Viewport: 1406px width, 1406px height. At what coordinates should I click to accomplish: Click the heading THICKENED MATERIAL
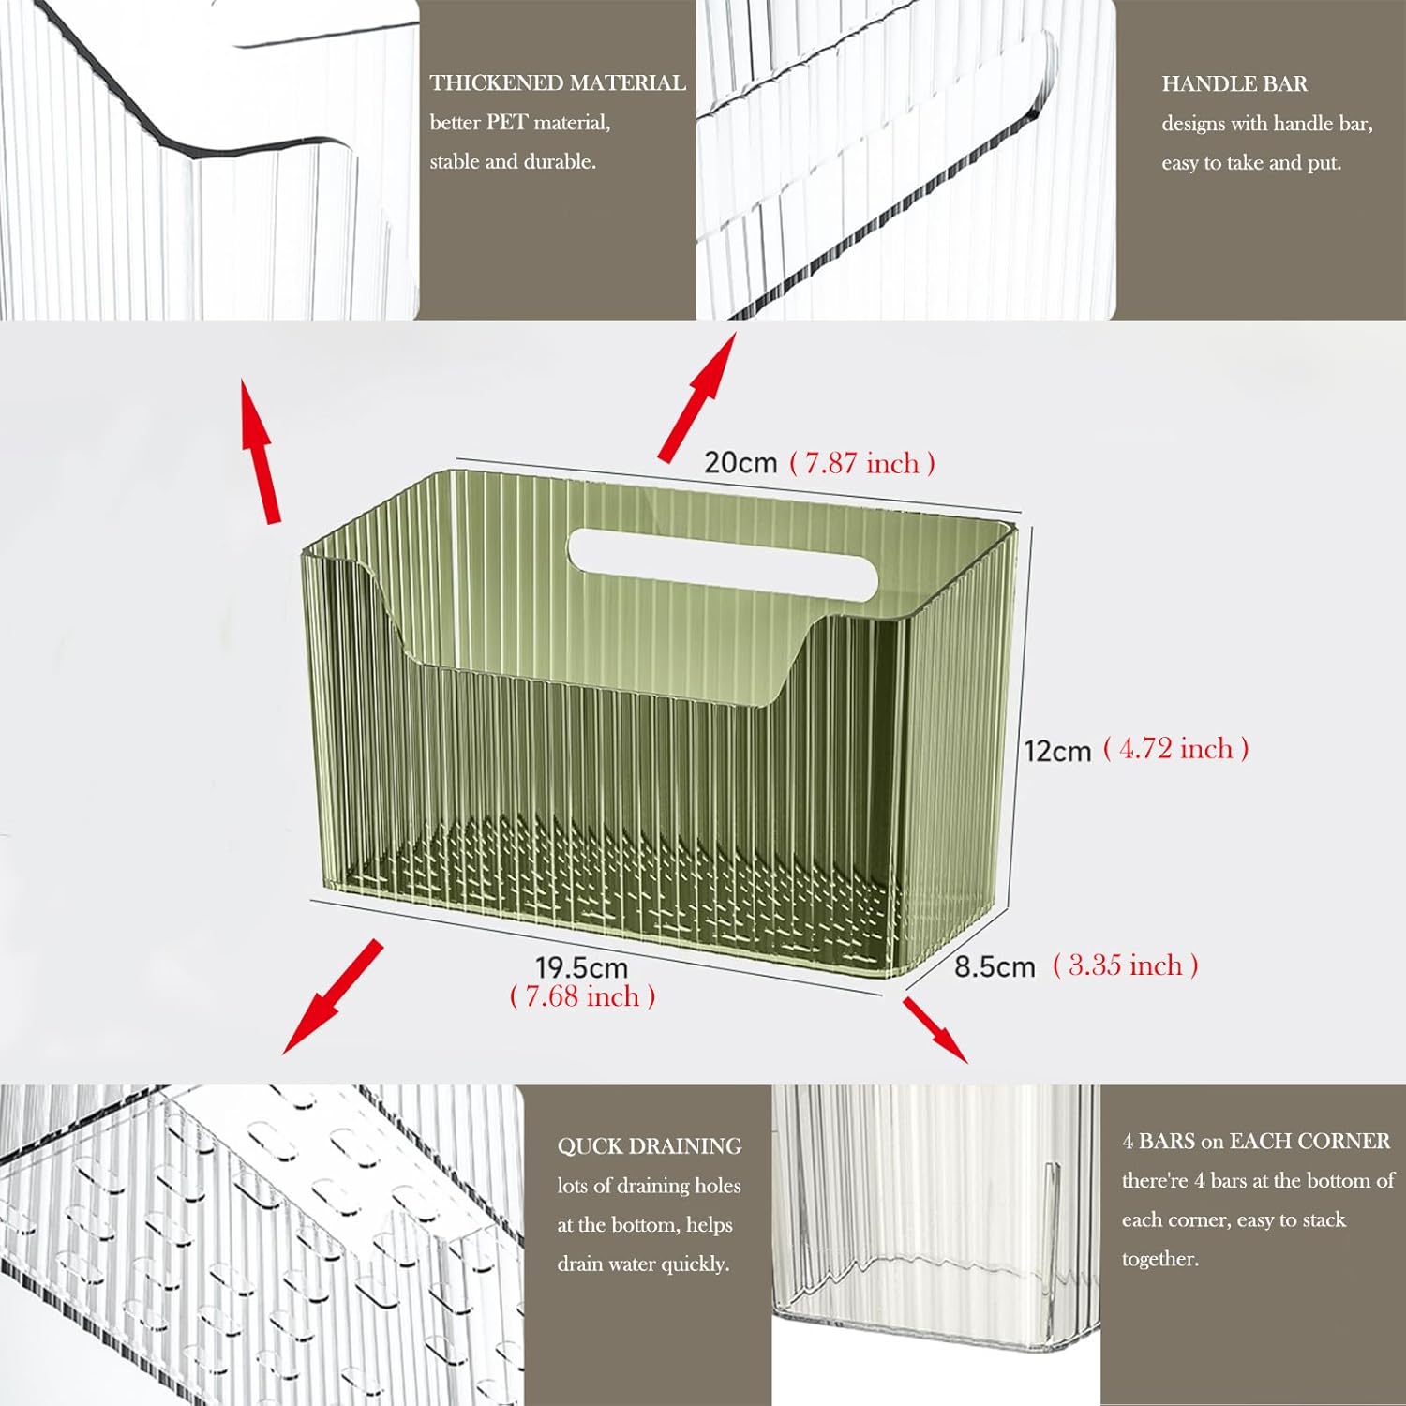[x=558, y=83]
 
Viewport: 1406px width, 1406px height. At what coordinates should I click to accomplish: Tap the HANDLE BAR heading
[x=1234, y=84]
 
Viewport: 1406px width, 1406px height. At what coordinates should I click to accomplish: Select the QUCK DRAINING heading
[x=649, y=1146]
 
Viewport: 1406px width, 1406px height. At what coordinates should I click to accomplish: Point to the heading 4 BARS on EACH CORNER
[x=1256, y=1142]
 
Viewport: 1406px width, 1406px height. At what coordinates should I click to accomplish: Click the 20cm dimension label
[x=740, y=463]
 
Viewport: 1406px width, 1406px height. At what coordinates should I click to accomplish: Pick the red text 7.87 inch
[x=862, y=463]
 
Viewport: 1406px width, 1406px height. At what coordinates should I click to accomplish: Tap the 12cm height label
[x=1057, y=751]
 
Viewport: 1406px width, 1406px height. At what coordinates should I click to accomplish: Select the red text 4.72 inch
[x=1175, y=749]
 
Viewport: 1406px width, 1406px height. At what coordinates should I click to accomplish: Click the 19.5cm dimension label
[x=581, y=967]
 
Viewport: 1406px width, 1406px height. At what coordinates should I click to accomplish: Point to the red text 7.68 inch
[x=582, y=996]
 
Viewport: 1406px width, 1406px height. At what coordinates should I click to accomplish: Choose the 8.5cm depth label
[x=995, y=966]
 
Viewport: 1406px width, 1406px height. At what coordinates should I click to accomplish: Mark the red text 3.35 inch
[x=1125, y=965]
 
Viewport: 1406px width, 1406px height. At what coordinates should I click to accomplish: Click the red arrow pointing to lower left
[x=333, y=996]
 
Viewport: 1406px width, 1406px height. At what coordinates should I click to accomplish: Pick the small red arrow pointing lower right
[x=935, y=1030]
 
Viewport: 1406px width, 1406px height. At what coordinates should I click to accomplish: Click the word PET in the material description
[x=506, y=123]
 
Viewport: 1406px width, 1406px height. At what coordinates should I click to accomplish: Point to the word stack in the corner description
[x=1323, y=1220]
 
